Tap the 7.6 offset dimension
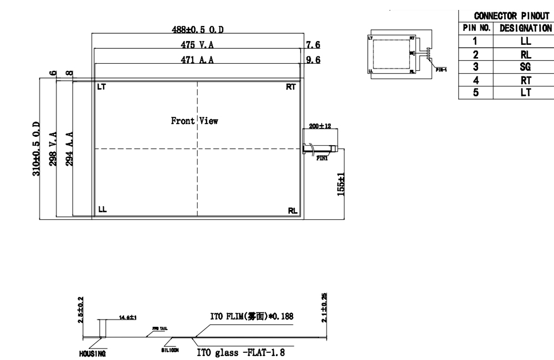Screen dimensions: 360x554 click(313, 44)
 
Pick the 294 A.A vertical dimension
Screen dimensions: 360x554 click(69, 148)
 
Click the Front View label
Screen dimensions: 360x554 click(194, 121)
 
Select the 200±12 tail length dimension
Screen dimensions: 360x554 click(320, 126)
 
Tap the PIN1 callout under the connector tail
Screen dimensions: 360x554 click(322, 158)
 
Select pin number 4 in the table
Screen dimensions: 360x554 click(475, 79)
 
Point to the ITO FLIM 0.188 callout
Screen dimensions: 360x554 click(252, 316)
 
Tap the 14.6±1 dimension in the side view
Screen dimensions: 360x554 click(128, 318)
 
